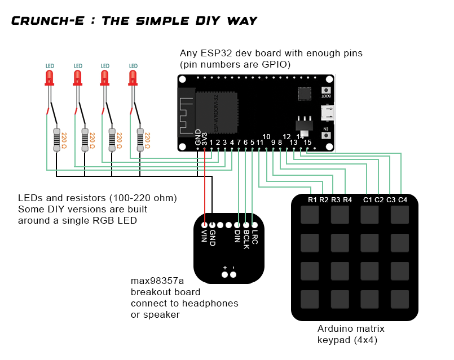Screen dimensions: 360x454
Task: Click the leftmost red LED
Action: click(50, 77)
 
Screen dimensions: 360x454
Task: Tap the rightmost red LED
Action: click(133, 77)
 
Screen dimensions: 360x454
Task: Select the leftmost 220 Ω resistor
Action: click(56, 139)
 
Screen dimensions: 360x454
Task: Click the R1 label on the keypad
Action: click(313, 200)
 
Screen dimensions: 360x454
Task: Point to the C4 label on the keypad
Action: click(403, 200)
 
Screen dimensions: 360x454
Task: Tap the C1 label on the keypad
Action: click(368, 200)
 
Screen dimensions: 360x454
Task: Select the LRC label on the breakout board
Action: click(255, 237)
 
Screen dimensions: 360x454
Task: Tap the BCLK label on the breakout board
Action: click(246, 239)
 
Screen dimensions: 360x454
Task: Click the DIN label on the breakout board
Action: click(238, 237)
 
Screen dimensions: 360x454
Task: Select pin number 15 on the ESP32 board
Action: click(307, 143)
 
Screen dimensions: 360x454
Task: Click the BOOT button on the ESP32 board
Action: click(325, 91)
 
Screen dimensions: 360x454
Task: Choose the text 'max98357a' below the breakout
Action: click(157, 281)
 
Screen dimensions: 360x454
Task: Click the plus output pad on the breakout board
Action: click(224, 275)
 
